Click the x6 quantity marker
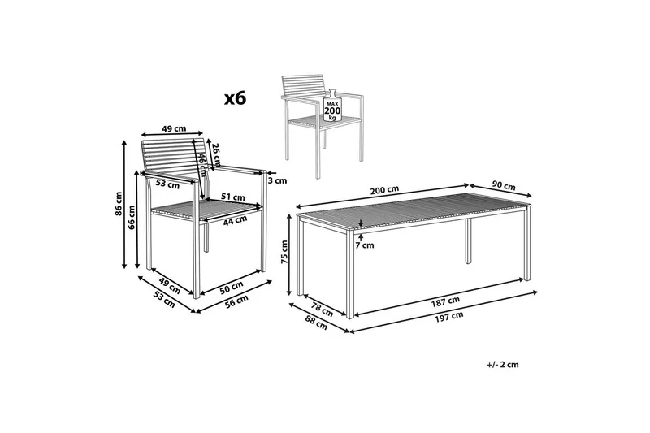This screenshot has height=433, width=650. pyautogui.click(x=235, y=98)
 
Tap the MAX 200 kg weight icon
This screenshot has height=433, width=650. pyautogui.click(x=332, y=106)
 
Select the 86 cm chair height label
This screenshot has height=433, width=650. pyautogui.click(x=119, y=204)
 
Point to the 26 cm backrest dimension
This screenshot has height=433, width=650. pyautogui.click(x=216, y=154)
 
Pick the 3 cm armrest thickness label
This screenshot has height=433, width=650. pyautogui.click(x=277, y=180)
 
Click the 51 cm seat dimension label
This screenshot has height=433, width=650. pyautogui.click(x=232, y=197)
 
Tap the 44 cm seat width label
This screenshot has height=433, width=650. pyautogui.click(x=235, y=220)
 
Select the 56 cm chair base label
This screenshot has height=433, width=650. pyautogui.click(x=236, y=301)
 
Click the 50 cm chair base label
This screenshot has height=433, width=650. pyautogui.click(x=231, y=288)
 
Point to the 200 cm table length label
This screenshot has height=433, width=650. pyautogui.click(x=384, y=190)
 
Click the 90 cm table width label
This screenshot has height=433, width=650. pyautogui.click(x=504, y=186)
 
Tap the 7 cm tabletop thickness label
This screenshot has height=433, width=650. pyautogui.click(x=365, y=245)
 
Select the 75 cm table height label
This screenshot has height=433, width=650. pyautogui.click(x=284, y=252)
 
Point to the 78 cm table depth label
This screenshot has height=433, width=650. pyautogui.click(x=322, y=310)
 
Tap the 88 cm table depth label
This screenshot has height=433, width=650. pyautogui.click(x=317, y=323)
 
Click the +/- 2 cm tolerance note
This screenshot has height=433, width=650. pyautogui.click(x=503, y=365)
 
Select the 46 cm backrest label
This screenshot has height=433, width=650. pyautogui.click(x=201, y=164)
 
